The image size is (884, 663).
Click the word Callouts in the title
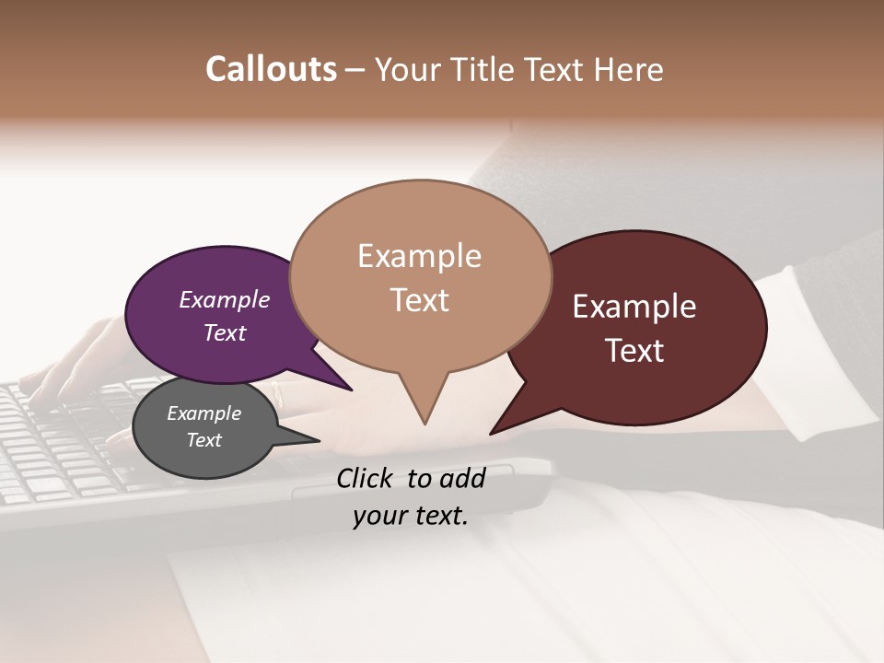(271, 69)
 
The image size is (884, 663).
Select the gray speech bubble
(204, 428)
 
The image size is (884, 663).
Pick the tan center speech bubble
(420, 276)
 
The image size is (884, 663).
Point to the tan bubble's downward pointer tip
(425, 423)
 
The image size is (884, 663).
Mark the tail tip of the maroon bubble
(492, 432)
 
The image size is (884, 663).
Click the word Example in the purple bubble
(224, 299)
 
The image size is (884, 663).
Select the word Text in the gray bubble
(204, 440)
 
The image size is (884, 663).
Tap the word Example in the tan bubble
(419, 256)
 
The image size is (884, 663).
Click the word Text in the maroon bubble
(635, 350)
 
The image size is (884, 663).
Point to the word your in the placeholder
(379, 517)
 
